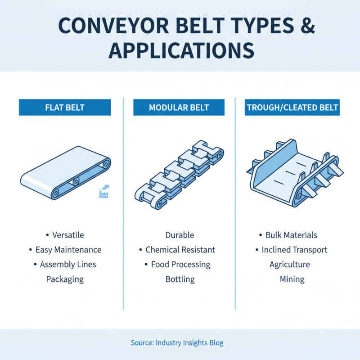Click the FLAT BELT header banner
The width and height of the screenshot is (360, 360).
[x=65, y=108]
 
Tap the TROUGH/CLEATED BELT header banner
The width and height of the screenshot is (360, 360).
[x=292, y=108]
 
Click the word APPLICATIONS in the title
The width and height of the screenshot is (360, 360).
[x=181, y=50]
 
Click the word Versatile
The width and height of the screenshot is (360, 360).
[x=67, y=235]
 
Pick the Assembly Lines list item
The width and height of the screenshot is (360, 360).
[x=68, y=264]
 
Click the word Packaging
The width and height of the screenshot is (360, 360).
[x=65, y=279]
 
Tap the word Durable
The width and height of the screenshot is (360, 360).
[x=180, y=235]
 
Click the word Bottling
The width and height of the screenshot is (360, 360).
[x=180, y=279]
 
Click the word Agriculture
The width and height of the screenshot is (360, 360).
[x=290, y=264]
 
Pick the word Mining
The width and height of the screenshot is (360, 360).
[x=292, y=279]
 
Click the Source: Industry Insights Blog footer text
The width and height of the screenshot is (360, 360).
[x=177, y=343]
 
